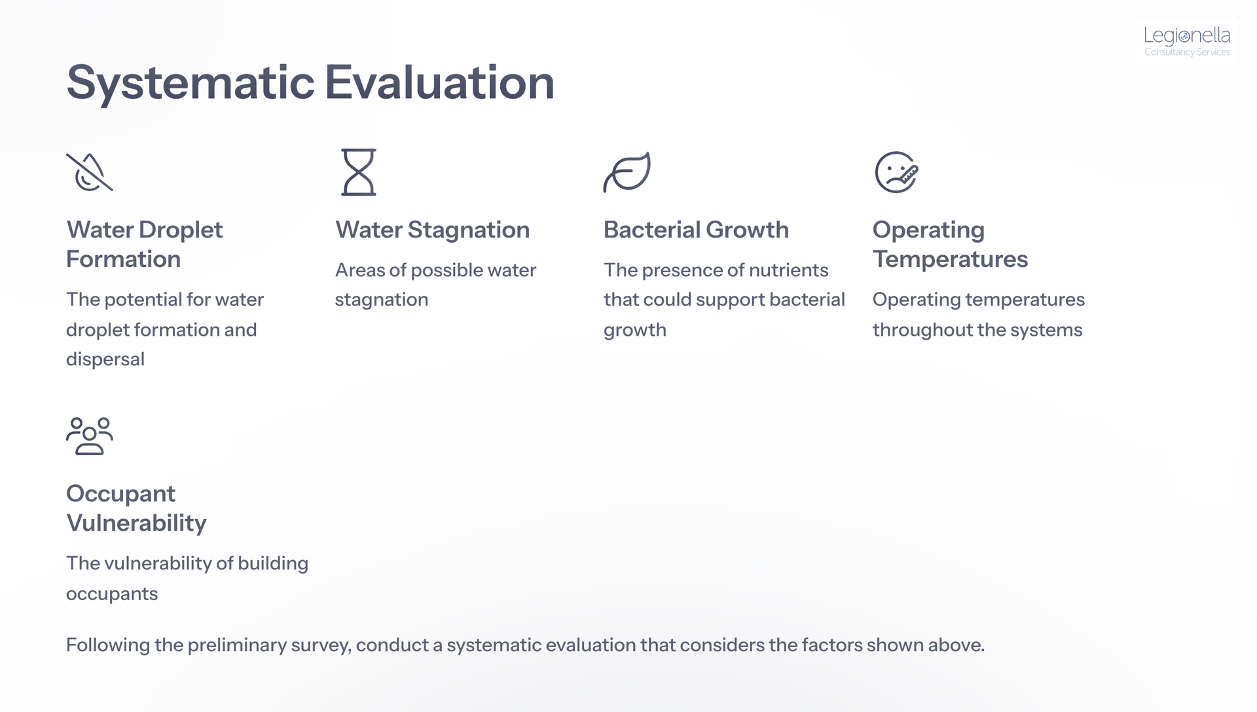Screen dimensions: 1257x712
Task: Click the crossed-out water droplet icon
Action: [90, 172]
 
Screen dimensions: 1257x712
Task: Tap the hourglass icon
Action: [359, 172]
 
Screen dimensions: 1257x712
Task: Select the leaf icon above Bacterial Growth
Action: [627, 172]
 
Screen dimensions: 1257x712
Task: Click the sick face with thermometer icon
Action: [896, 172]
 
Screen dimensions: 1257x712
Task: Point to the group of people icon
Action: [90, 436]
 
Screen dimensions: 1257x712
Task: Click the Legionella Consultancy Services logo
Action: [1187, 41]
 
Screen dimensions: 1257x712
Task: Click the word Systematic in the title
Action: [191, 82]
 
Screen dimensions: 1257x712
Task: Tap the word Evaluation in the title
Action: [439, 82]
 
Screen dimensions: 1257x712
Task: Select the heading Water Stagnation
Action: [432, 230]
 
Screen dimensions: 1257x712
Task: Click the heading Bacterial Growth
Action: [696, 230]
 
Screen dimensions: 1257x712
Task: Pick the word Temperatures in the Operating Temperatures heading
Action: [950, 259]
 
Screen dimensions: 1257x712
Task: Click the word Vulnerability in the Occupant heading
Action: [136, 523]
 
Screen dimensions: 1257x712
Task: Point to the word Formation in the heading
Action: [123, 259]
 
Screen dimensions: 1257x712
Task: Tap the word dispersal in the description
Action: [105, 359]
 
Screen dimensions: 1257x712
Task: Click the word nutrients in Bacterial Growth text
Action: [788, 270]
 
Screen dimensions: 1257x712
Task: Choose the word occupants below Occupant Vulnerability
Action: [112, 594]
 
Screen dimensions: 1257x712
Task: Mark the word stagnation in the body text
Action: [382, 300]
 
